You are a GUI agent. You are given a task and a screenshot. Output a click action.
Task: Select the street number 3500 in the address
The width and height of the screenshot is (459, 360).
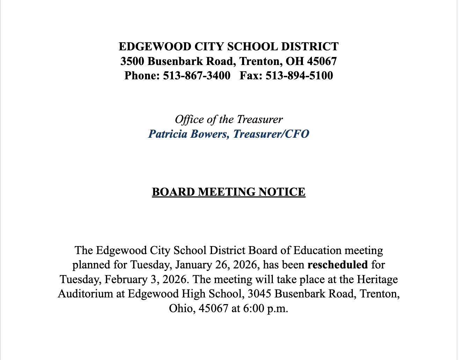pyautogui.click(x=132, y=61)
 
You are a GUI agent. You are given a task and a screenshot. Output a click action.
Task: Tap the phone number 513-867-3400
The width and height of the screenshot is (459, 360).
pyautogui.click(x=197, y=75)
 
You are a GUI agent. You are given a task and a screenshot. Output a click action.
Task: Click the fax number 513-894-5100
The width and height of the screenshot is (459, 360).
pyautogui.click(x=299, y=75)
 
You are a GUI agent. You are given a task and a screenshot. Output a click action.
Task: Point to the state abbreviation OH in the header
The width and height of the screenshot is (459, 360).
pyautogui.click(x=294, y=61)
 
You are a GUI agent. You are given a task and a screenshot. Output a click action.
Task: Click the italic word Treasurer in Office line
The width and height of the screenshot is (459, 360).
pyautogui.click(x=260, y=120)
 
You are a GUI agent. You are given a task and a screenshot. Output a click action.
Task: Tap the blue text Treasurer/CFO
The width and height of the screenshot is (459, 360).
pyautogui.click(x=271, y=134)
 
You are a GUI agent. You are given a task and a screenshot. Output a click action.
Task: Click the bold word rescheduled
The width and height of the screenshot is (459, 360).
pyautogui.click(x=337, y=265)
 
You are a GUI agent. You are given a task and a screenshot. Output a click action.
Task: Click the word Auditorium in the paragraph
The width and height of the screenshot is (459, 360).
pyautogui.click(x=86, y=294)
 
